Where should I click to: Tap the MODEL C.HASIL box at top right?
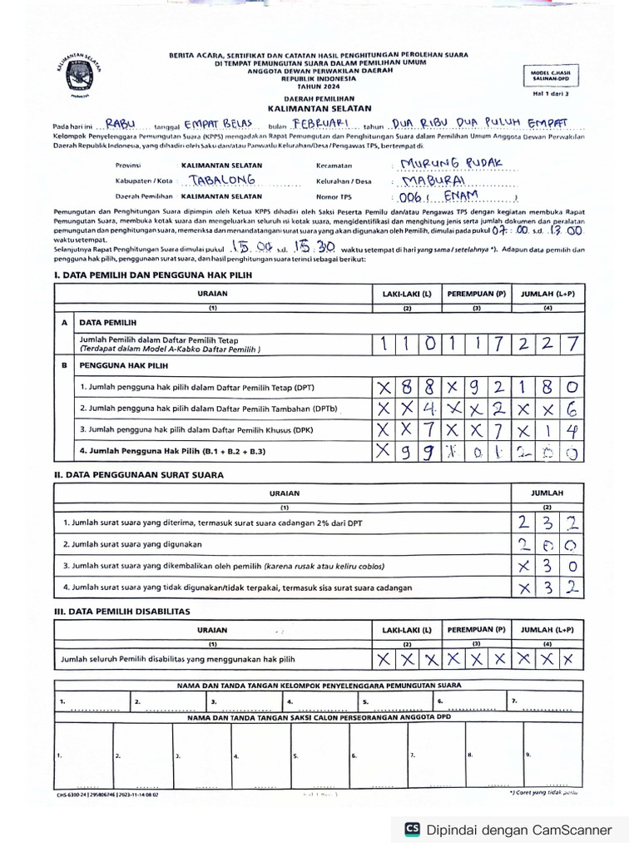pos(551,76)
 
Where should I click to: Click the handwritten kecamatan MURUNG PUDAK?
pos(450,163)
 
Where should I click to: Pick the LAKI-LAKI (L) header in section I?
pos(407,295)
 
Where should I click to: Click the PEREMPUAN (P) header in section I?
pos(477,295)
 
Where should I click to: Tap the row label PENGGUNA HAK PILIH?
pos(124,365)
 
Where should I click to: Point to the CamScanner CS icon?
pos(412,829)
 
